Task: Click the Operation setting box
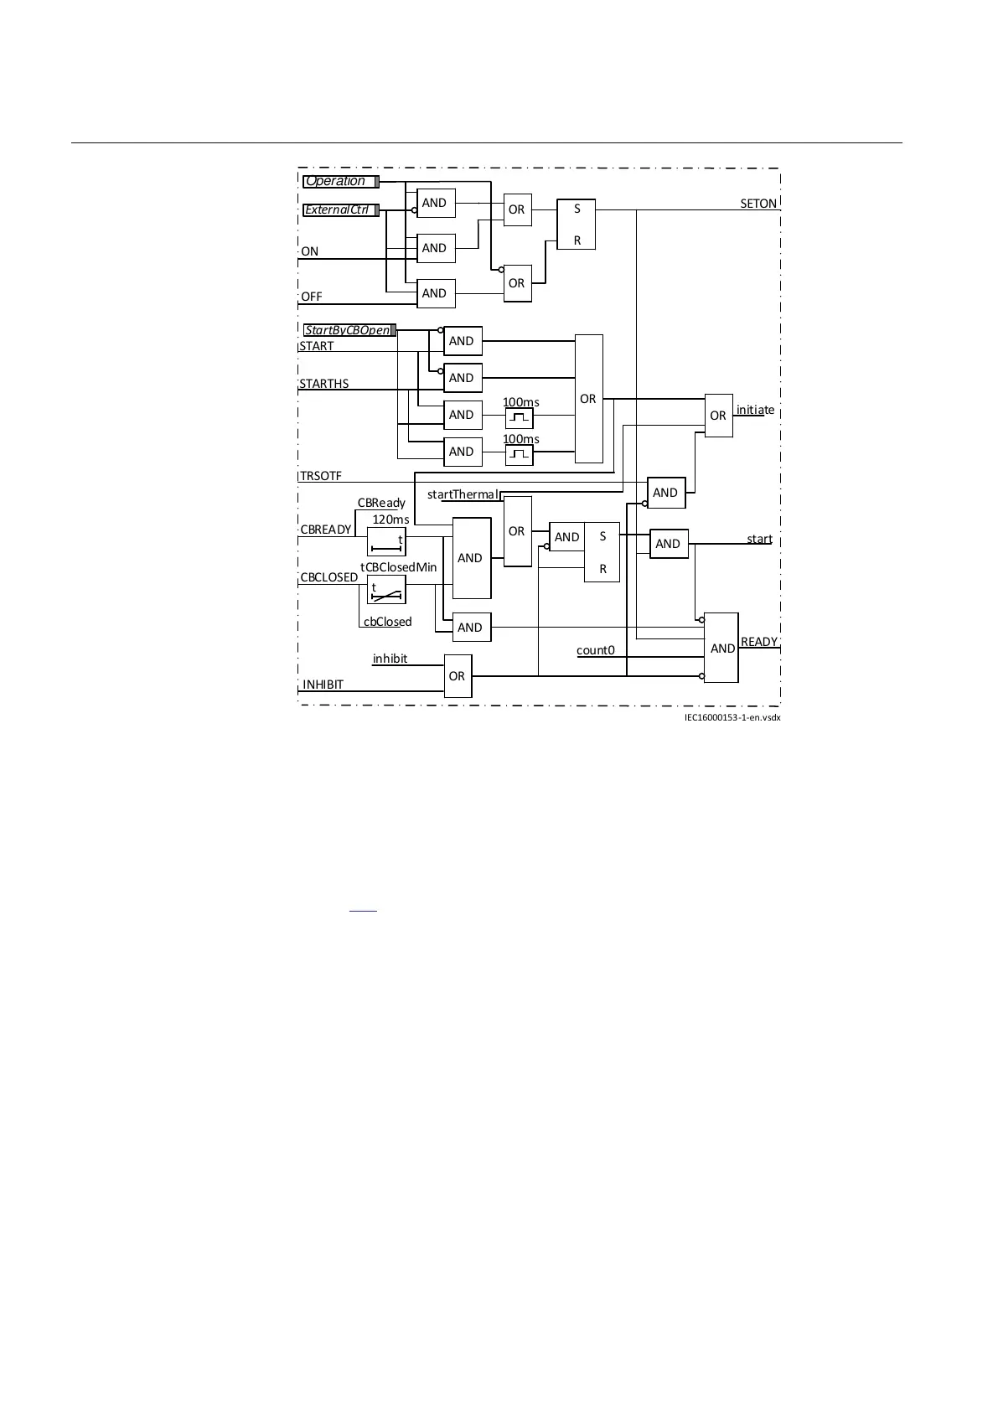point(340,182)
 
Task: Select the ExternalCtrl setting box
point(340,210)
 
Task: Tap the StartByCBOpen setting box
point(349,330)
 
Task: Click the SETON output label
point(758,204)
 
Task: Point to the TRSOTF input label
point(321,476)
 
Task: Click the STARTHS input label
point(324,384)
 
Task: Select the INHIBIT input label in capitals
point(323,685)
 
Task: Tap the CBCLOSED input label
point(329,577)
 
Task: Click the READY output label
point(760,642)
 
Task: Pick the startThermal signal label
point(463,494)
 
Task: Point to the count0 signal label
point(596,650)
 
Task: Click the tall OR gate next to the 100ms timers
point(588,399)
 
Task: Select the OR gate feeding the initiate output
point(718,416)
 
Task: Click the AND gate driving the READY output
point(721,648)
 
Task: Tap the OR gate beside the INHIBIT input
point(457,676)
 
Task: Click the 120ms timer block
point(386,542)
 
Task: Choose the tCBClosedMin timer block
point(386,590)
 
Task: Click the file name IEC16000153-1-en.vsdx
point(732,717)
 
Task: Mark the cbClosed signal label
point(388,622)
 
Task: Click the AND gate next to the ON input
point(435,248)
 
